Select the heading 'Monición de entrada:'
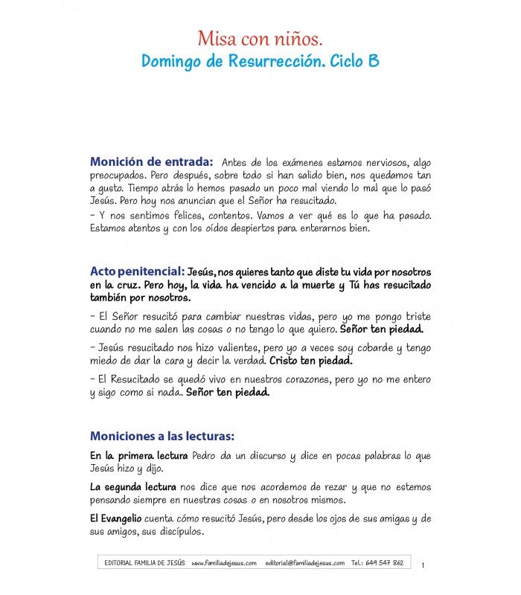click(152, 161)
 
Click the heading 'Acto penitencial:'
click(137, 272)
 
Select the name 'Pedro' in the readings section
click(208, 455)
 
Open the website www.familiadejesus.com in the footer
click(224, 563)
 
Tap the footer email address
click(305, 563)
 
